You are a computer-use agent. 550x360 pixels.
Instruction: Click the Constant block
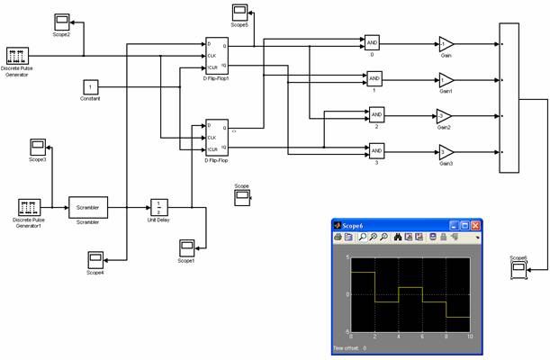coord(90,86)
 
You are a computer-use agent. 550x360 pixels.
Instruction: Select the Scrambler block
coord(87,208)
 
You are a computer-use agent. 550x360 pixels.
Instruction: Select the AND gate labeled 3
coord(377,150)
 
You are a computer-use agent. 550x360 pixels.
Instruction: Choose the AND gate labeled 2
coord(377,114)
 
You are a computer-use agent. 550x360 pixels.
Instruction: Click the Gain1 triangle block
coord(446,78)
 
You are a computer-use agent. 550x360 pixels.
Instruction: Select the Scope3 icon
coord(38,146)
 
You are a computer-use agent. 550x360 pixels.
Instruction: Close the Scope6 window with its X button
coord(475,225)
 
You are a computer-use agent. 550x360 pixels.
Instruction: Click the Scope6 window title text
coord(356,225)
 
